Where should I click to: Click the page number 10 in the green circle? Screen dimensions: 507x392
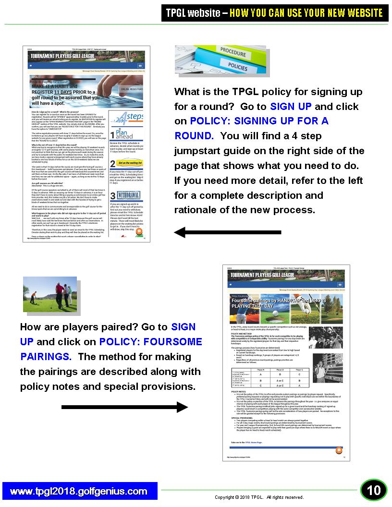(374, 490)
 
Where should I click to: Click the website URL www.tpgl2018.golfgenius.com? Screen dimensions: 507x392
(79, 491)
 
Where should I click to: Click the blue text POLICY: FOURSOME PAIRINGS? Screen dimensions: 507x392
(111, 350)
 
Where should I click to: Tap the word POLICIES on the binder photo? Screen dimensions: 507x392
(238, 66)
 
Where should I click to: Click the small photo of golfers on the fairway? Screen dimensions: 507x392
(50, 294)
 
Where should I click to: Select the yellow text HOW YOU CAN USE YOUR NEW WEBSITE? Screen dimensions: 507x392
(306, 13)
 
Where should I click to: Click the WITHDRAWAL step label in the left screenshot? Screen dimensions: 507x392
(129, 196)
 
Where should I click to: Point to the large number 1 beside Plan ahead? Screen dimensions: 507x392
(112, 135)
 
